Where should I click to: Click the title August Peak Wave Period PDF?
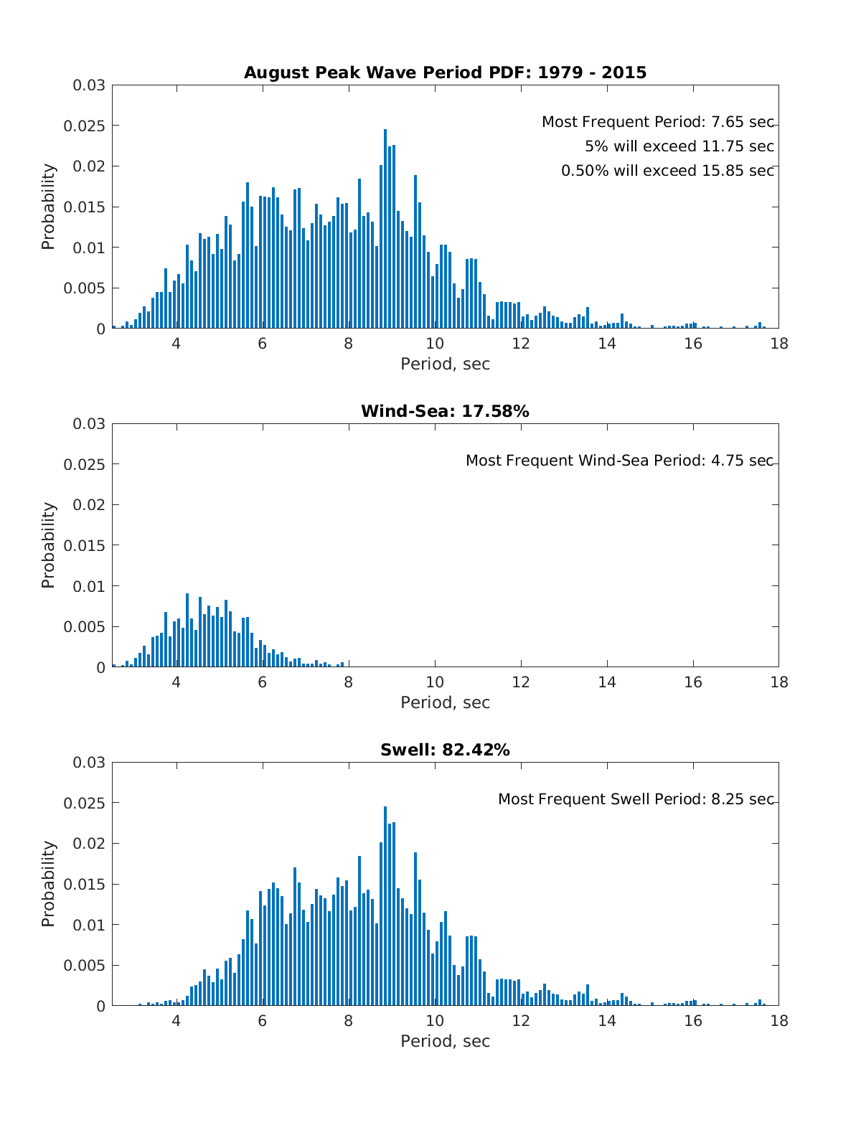(x=445, y=72)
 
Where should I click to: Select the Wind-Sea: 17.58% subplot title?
(x=445, y=411)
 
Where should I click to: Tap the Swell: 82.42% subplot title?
(x=445, y=750)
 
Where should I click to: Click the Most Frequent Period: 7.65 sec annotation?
(x=657, y=122)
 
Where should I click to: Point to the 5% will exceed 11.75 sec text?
(x=679, y=146)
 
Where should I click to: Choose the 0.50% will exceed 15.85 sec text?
(x=667, y=171)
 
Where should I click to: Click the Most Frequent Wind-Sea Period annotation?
(x=619, y=461)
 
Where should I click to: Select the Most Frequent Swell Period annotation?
(x=636, y=799)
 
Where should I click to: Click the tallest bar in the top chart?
(x=385, y=230)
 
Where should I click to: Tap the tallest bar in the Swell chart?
(x=385, y=907)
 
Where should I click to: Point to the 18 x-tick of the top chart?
(x=778, y=344)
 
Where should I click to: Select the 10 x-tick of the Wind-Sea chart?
(x=435, y=682)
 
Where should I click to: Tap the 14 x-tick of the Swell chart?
(x=607, y=1021)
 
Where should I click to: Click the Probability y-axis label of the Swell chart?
(x=48, y=884)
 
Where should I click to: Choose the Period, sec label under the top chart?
(x=445, y=364)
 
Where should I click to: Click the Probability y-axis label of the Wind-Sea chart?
(x=48, y=545)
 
